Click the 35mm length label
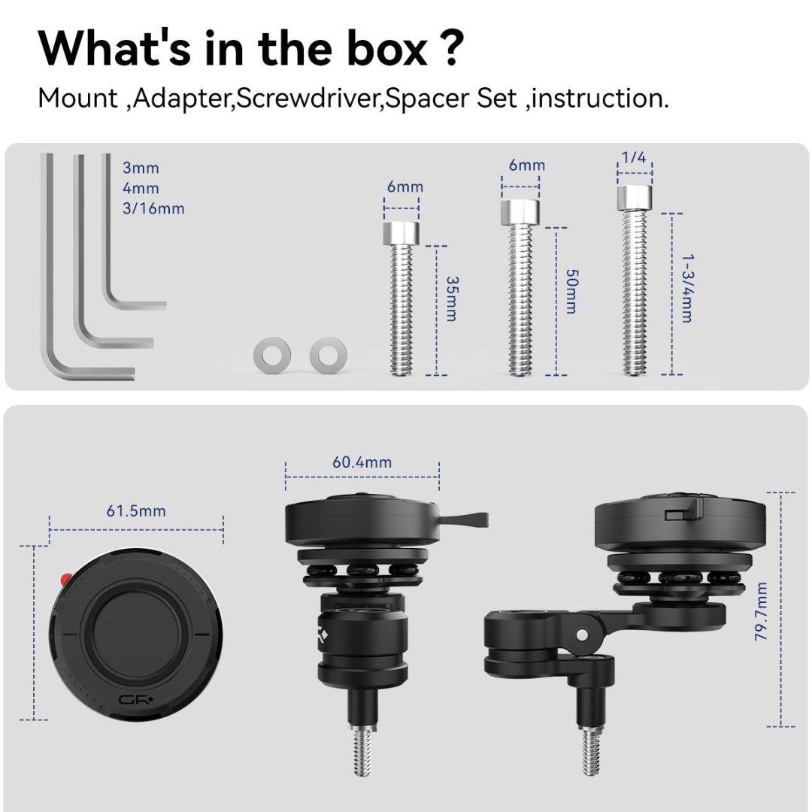[451, 298]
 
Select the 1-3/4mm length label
[686, 288]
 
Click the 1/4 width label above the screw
[633, 158]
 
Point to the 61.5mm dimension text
[136, 511]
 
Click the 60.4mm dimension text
[362, 462]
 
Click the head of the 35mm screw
[401, 232]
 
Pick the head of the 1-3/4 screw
[634, 198]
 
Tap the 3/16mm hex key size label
[153, 208]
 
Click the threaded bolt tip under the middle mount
[362, 752]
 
